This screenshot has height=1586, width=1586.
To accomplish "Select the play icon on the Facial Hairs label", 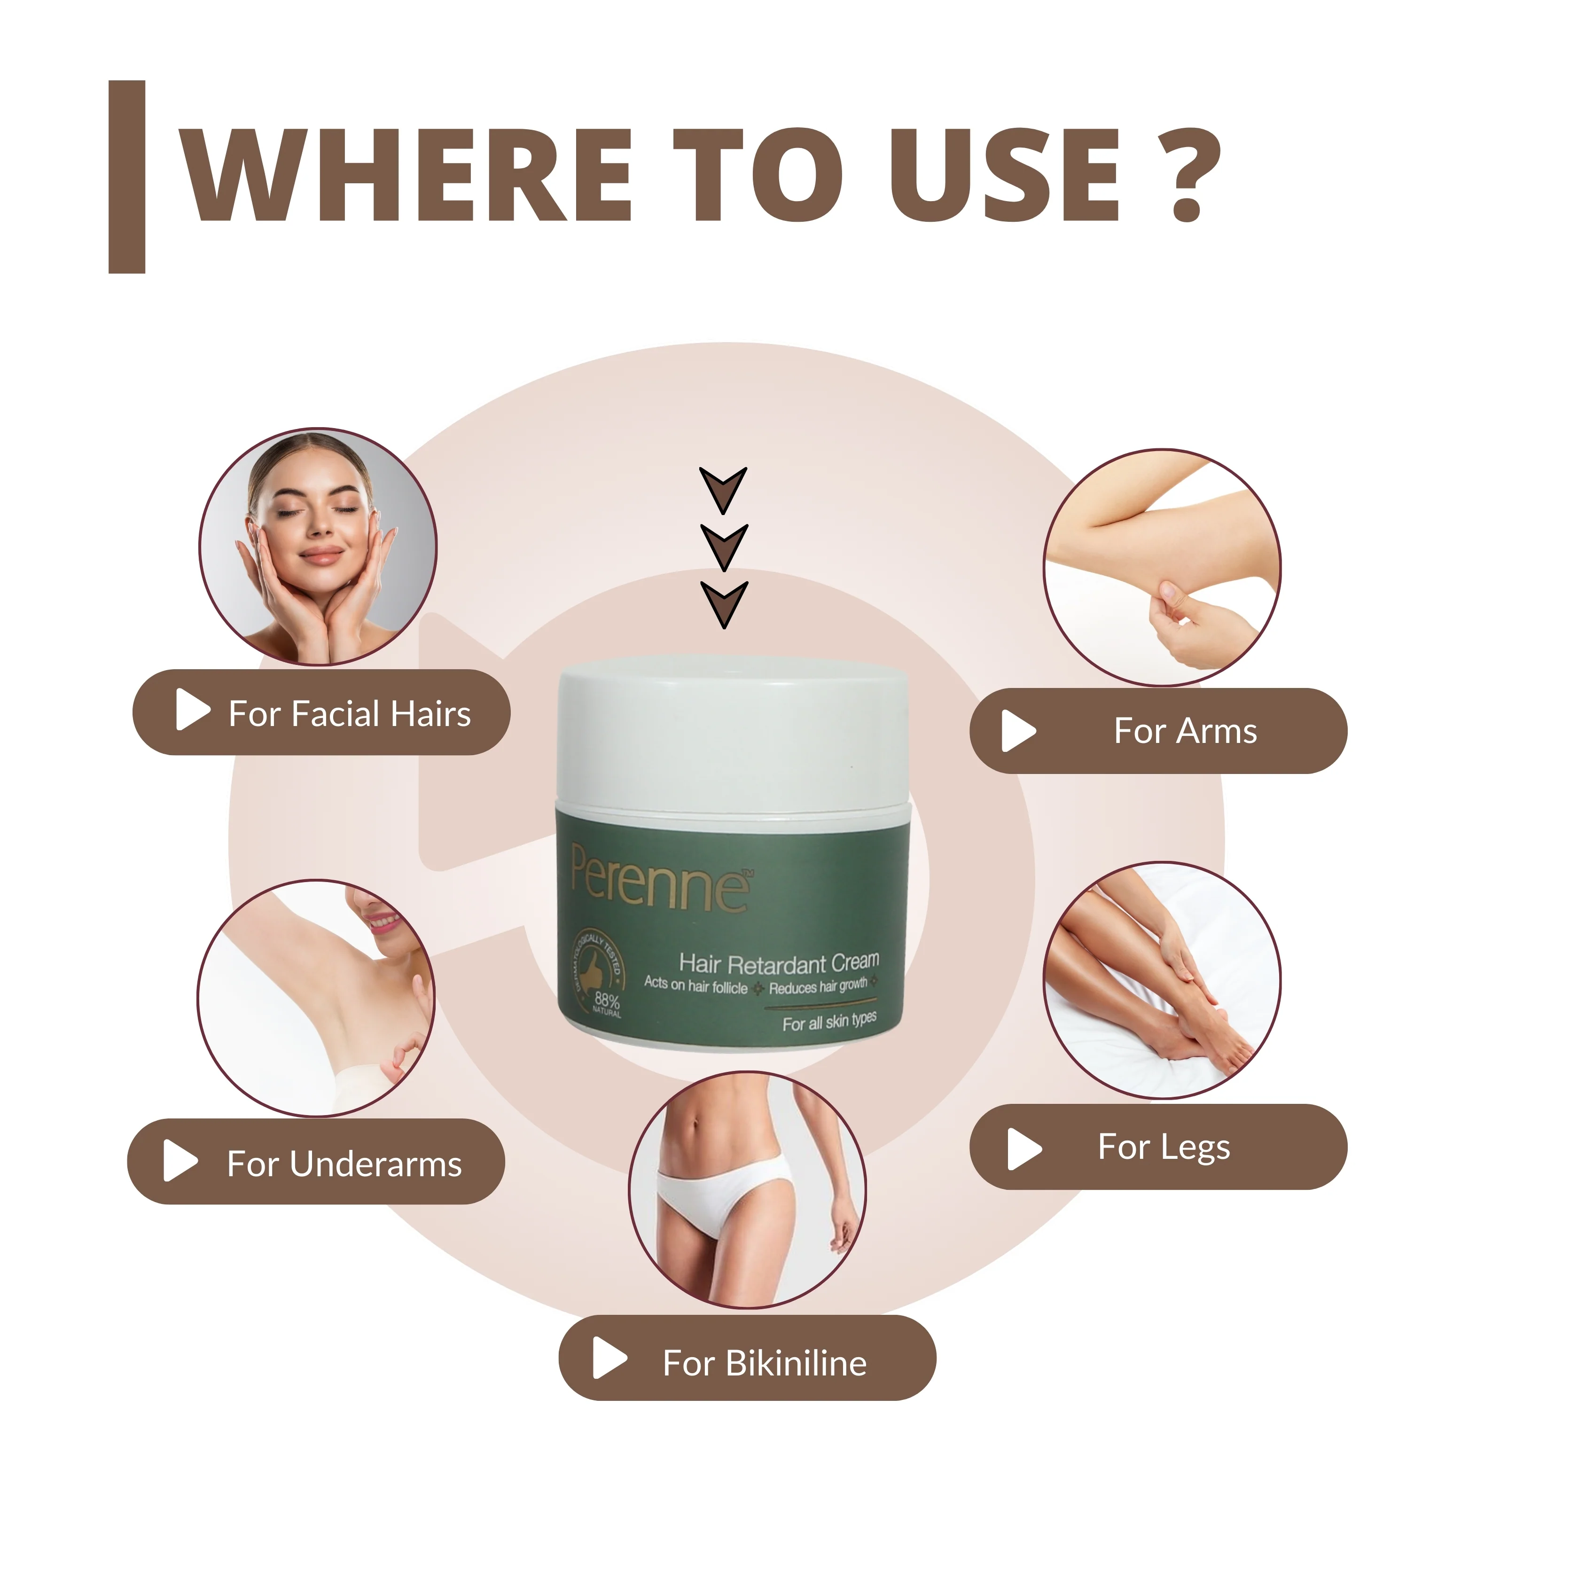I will click(x=192, y=709).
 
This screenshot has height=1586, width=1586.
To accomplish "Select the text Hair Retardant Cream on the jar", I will click(x=778, y=962).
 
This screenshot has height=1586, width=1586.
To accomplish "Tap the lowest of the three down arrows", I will click(x=723, y=602).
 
